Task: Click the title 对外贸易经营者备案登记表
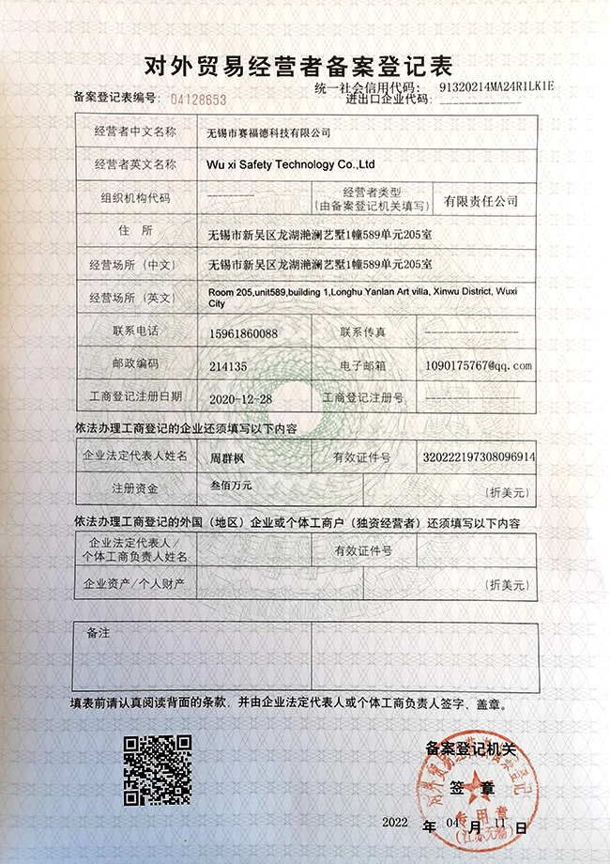click(x=298, y=66)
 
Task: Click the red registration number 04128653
click(x=199, y=98)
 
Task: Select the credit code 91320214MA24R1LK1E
click(x=496, y=85)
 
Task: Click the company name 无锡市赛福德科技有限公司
click(x=268, y=133)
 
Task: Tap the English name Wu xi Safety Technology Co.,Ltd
click(x=290, y=164)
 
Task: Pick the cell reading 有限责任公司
click(x=481, y=200)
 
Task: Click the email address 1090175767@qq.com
click(x=479, y=364)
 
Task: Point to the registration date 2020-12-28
click(x=240, y=398)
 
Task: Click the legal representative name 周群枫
click(x=227, y=457)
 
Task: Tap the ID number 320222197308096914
click(x=479, y=457)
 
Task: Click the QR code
click(x=159, y=767)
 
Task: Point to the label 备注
click(x=98, y=633)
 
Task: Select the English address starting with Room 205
click(x=362, y=298)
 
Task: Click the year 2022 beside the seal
click(x=395, y=823)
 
